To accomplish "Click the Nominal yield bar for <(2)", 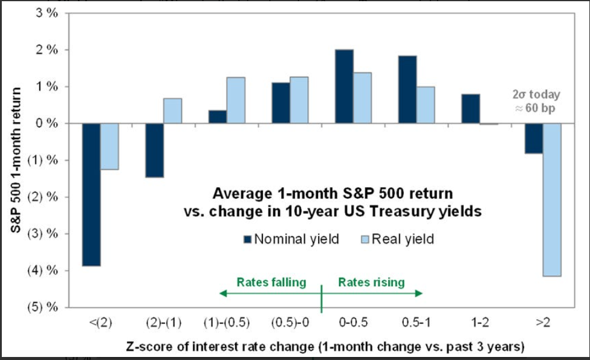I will [x=92, y=194].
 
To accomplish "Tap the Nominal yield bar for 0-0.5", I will [x=344, y=86].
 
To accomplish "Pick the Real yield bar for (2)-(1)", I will [x=172, y=111].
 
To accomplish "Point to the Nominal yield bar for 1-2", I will [x=471, y=109].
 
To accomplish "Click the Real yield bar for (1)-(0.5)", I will [x=236, y=100].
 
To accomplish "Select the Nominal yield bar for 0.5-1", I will [x=407, y=89].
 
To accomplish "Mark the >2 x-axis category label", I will [x=542, y=323].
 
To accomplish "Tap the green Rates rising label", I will [x=371, y=282].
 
